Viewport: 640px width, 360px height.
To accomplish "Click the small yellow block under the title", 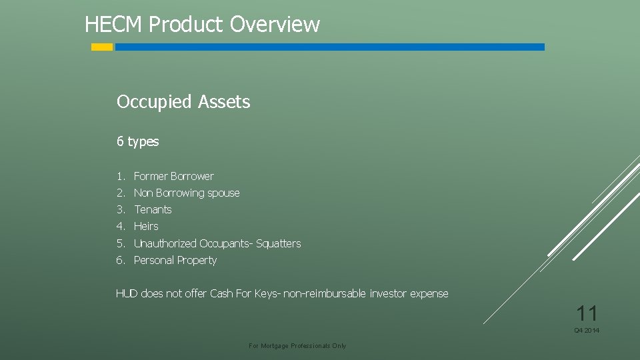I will (x=102, y=47).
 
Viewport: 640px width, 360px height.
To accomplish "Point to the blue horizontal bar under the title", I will (x=329, y=47).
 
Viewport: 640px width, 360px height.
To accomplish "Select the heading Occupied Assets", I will (x=183, y=102).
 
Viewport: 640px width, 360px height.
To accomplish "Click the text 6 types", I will (x=137, y=141).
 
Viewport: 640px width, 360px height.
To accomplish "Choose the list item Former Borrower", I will (x=173, y=176).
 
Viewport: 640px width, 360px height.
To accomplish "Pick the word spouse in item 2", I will (x=223, y=193).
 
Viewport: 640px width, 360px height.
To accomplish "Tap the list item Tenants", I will (x=153, y=209).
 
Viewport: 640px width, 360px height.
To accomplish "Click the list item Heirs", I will (x=146, y=226).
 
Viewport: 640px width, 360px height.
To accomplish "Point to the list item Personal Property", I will (x=175, y=260).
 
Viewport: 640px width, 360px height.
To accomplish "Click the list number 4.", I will (x=120, y=226).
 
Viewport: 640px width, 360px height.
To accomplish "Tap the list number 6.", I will (x=120, y=260).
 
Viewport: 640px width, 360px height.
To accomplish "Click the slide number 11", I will (x=587, y=313).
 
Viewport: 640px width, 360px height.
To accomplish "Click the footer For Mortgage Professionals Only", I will (x=297, y=346).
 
